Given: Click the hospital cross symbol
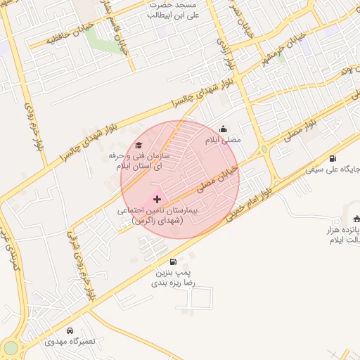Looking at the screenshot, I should click(x=156, y=200).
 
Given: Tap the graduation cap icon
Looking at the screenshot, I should click(x=138, y=145).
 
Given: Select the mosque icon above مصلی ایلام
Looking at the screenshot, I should click(x=224, y=129).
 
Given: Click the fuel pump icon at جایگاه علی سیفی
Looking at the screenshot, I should click(x=332, y=158).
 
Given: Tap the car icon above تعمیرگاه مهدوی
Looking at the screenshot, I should click(x=69, y=330).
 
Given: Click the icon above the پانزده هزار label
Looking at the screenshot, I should click(x=357, y=219).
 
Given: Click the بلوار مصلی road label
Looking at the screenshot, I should click(x=302, y=130).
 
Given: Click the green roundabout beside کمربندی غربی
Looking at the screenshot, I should click(x=10, y=348).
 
